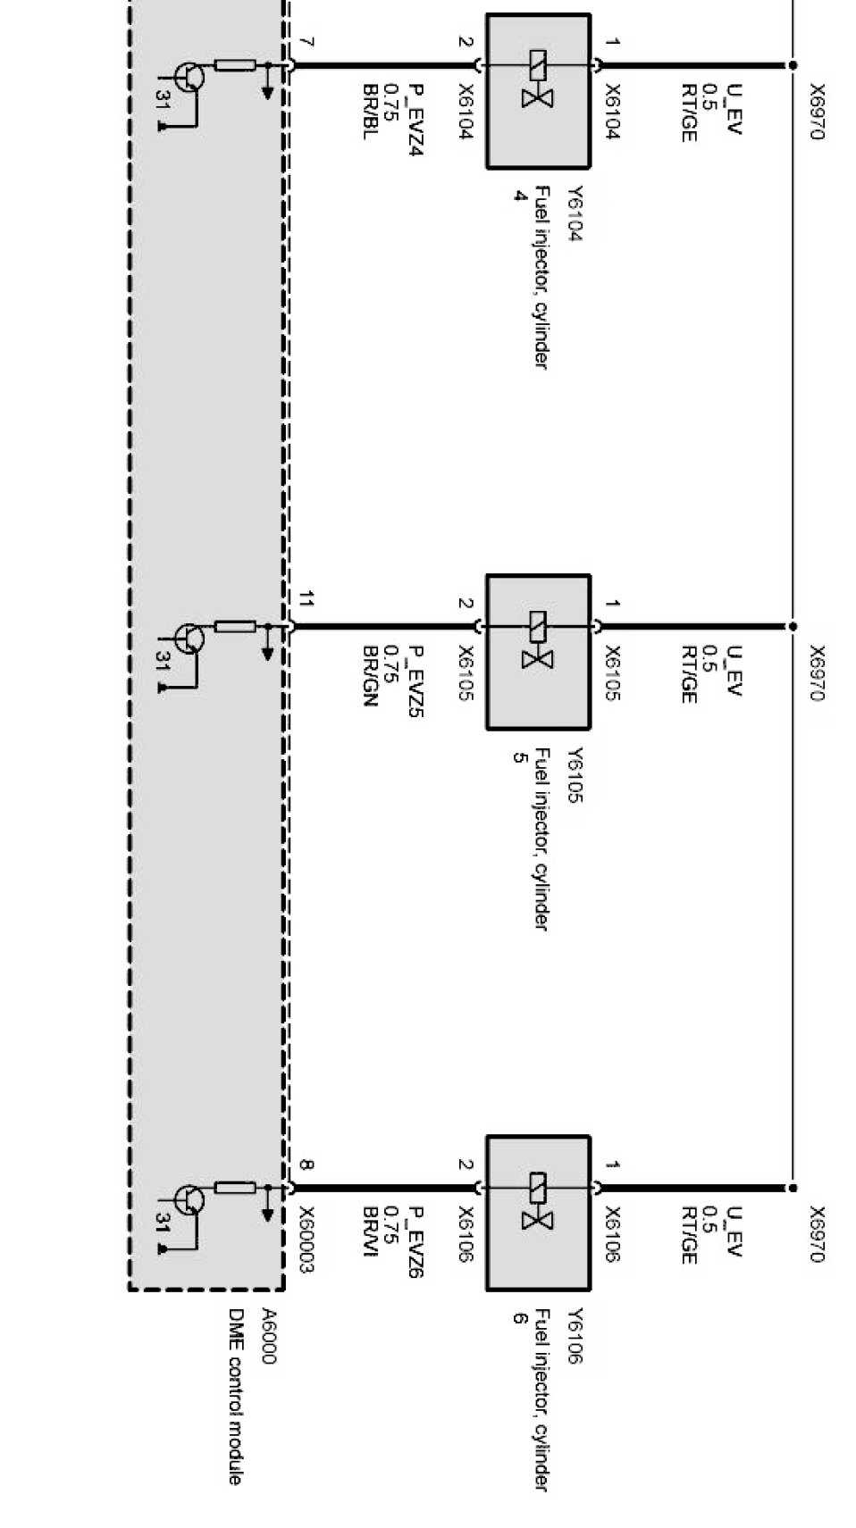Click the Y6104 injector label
point(575,214)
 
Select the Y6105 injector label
point(575,775)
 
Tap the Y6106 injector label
point(575,1337)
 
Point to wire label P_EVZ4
point(415,120)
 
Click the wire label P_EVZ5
point(415,681)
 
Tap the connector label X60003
point(306,1240)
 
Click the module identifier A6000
point(268,1337)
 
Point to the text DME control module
point(235,1397)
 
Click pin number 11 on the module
point(306,600)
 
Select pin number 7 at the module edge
point(306,42)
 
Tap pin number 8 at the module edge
point(306,1165)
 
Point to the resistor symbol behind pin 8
point(236,1188)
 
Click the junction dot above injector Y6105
point(792,626)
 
